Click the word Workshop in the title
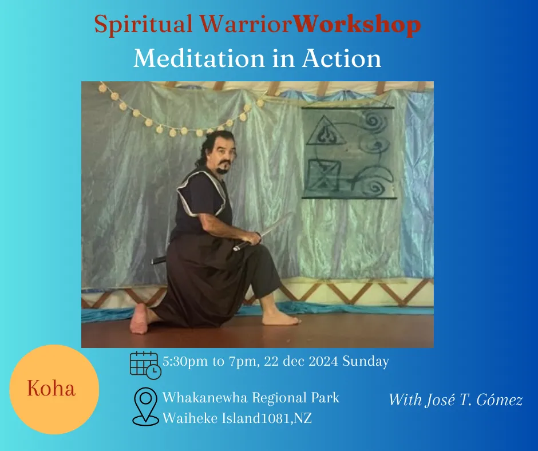click(x=357, y=25)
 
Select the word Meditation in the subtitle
click(x=199, y=58)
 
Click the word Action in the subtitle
click(x=341, y=58)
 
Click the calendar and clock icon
click(x=145, y=365)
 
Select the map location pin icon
click(x=146, y=407)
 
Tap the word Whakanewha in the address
click(x=205, y=398)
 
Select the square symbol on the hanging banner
click(x=323, y=176)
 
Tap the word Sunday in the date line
click(x=365, y=361)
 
